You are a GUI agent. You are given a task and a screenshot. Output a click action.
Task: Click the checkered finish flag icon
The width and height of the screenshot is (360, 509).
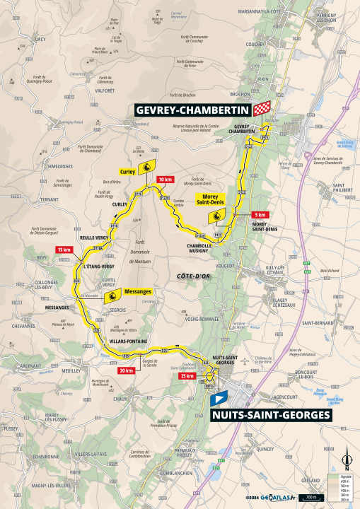(262, 107)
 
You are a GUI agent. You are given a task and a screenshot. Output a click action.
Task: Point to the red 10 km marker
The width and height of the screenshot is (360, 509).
(166, 179)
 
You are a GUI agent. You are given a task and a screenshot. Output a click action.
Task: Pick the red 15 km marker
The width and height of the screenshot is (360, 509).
(65, 250)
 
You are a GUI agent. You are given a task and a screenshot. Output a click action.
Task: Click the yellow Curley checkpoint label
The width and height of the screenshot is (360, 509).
(127, 171)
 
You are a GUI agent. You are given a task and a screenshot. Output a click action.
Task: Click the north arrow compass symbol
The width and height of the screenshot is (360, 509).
(346, 462)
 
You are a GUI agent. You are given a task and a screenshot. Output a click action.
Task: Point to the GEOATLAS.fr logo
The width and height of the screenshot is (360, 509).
(272, 499)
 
